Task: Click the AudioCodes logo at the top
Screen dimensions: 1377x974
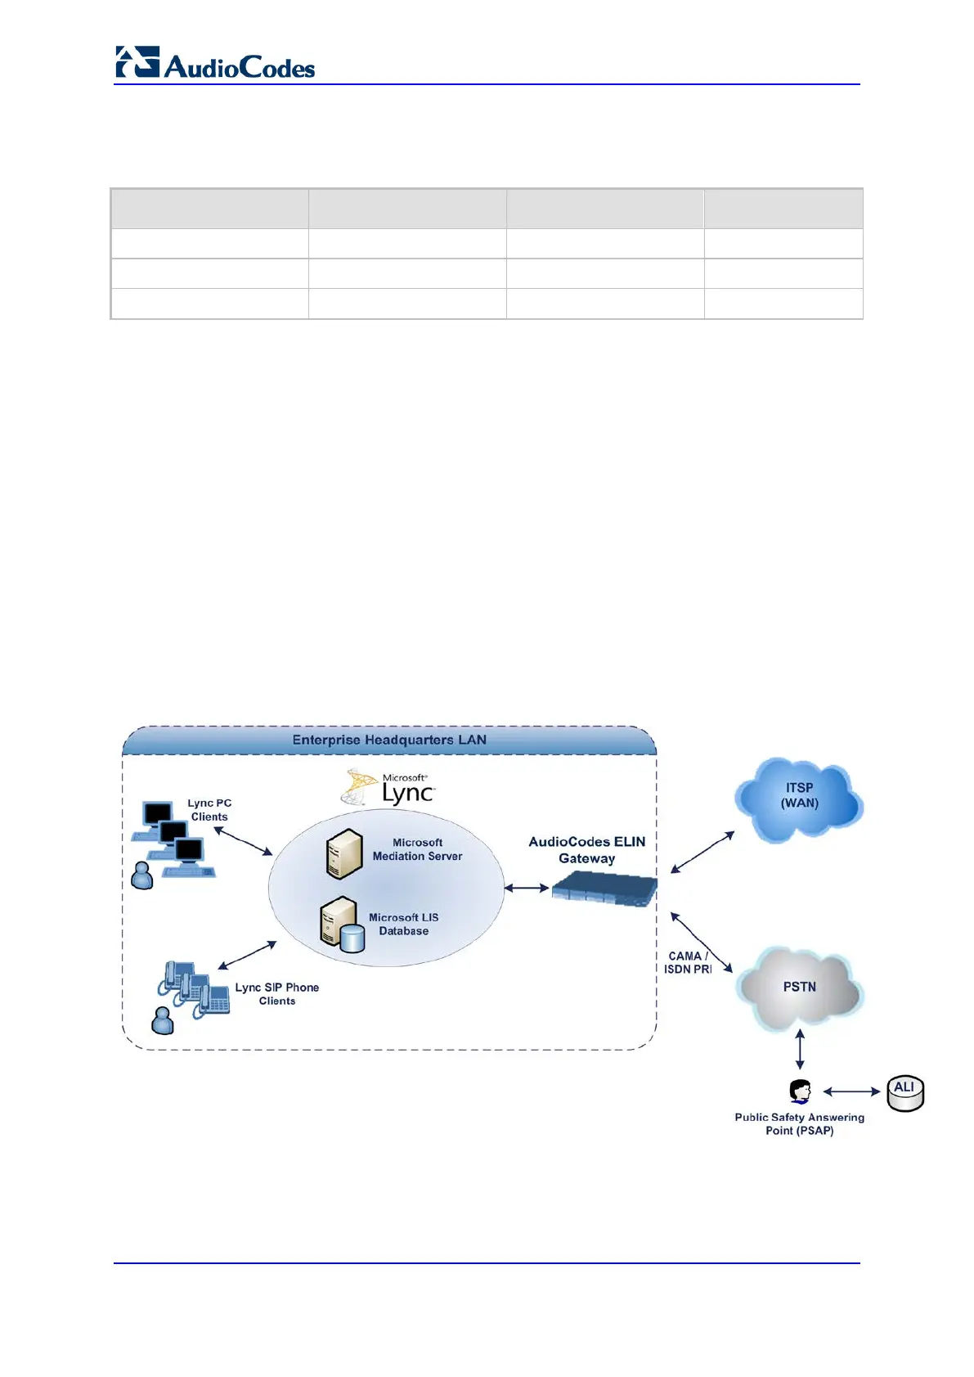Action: pos(215,64)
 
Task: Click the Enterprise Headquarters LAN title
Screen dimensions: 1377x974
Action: pos(389,740)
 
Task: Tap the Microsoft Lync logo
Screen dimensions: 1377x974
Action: pos(389,787)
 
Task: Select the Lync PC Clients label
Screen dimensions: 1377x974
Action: pos(209,810)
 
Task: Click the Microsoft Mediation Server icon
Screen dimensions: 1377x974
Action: pos(343,853)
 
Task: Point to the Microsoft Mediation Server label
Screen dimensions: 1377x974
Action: pos(417,849)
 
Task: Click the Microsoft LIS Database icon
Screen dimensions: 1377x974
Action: pos(342,925)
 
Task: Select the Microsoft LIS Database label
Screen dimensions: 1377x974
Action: pos(403,925)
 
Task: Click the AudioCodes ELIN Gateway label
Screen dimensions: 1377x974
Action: pos(586,850)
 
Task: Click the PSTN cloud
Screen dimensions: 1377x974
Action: pos(799,988)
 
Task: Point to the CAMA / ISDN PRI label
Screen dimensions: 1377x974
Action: pos(687,962)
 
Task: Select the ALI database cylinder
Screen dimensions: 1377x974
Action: pos(905,1094)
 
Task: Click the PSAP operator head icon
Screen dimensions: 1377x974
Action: pos(800,1091)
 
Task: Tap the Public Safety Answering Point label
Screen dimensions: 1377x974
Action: pos(799,1123)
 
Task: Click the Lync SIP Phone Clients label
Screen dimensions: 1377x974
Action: pos(276,994)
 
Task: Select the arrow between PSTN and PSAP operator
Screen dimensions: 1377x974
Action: pos(800,1050)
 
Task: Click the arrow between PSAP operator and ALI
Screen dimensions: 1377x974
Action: pos(851,1091)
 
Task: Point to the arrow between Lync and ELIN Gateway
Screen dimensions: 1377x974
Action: pos(527,888)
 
